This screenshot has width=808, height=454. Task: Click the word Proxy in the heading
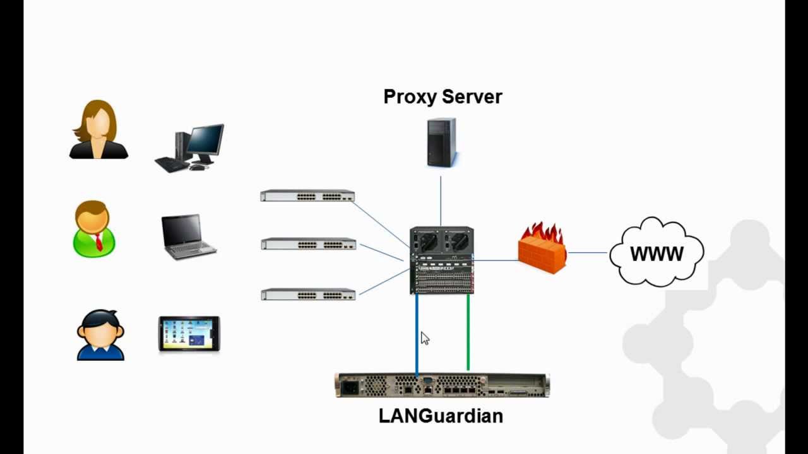point(410,97)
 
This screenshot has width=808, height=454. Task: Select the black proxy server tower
point(441,143)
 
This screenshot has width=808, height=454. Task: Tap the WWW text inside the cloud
point(656,254)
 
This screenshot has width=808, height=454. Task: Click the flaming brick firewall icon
point(542,248)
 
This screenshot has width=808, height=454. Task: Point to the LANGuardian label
point(441,416)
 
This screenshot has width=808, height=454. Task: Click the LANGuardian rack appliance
point(442,385)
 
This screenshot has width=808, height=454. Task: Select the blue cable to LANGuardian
point(417,334)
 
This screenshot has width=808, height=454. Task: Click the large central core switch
point(441,260)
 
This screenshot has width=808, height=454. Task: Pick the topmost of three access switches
point(307,195)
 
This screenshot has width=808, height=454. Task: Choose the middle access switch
point(309,243)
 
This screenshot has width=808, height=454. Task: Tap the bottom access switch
point(308,294)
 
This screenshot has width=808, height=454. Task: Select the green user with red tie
point(94,229)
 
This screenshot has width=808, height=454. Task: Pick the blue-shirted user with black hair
point(100,335)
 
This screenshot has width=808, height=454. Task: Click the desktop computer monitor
point(205,141)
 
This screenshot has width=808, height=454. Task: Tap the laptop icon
point(188,236)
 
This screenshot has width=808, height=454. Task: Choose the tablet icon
point(189,334)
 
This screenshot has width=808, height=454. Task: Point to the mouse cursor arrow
point(424,338)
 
